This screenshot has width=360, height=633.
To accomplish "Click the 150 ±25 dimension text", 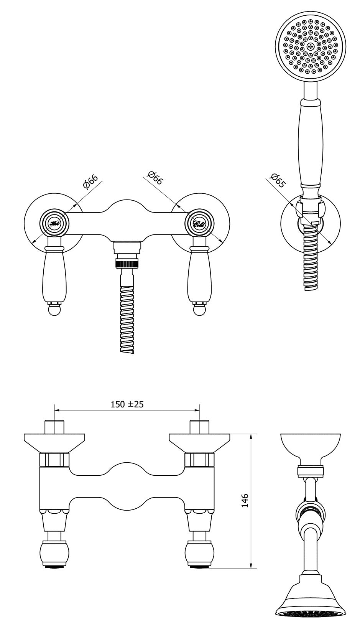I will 127,404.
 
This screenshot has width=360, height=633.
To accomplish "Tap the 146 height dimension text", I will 245,501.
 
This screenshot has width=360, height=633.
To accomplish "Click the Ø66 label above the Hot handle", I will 91,181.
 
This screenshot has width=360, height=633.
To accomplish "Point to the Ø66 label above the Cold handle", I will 155,179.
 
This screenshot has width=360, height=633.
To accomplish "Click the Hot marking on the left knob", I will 54,223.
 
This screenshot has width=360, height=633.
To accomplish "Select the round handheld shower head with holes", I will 311,46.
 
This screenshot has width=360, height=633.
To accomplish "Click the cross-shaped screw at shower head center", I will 311,46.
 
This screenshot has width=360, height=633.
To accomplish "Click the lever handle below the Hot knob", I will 54,272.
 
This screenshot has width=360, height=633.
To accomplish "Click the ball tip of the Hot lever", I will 54,309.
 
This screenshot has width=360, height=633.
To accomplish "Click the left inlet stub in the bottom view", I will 54,427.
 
